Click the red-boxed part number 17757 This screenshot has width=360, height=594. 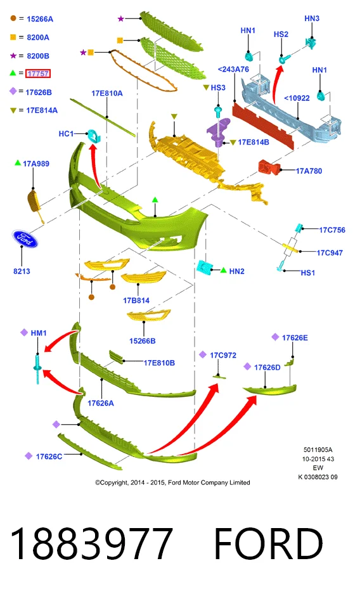[x=38, y=74]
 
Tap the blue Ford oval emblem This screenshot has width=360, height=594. [x=25, y=239]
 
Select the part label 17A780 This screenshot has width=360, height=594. [x=309, y=171]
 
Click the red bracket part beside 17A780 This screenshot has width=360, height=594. [x=269, y=167]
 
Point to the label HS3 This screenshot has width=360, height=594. [x=218, y=87]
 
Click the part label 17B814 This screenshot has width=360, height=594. [x=136, y=300]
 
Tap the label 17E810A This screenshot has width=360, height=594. [x=107, y=93]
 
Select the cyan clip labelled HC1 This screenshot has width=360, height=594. [x=93, y=135]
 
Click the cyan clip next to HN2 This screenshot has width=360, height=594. [x=204, y=268]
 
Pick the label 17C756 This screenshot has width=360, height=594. [x=332, y=230]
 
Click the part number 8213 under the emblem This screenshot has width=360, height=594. [x=22, y=271]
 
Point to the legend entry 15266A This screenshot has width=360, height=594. [x=40, y=19]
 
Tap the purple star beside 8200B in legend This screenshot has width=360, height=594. [x=13, y=56]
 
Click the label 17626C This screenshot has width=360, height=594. [x=49, y=456]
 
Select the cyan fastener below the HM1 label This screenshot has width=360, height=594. [x=37, y=368]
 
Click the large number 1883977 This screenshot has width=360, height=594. [x=91, y=544]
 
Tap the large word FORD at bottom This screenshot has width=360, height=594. [x=268, y=544]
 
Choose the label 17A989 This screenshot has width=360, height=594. [x=36, y=164]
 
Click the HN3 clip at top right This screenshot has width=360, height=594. [x=311, y=43]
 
